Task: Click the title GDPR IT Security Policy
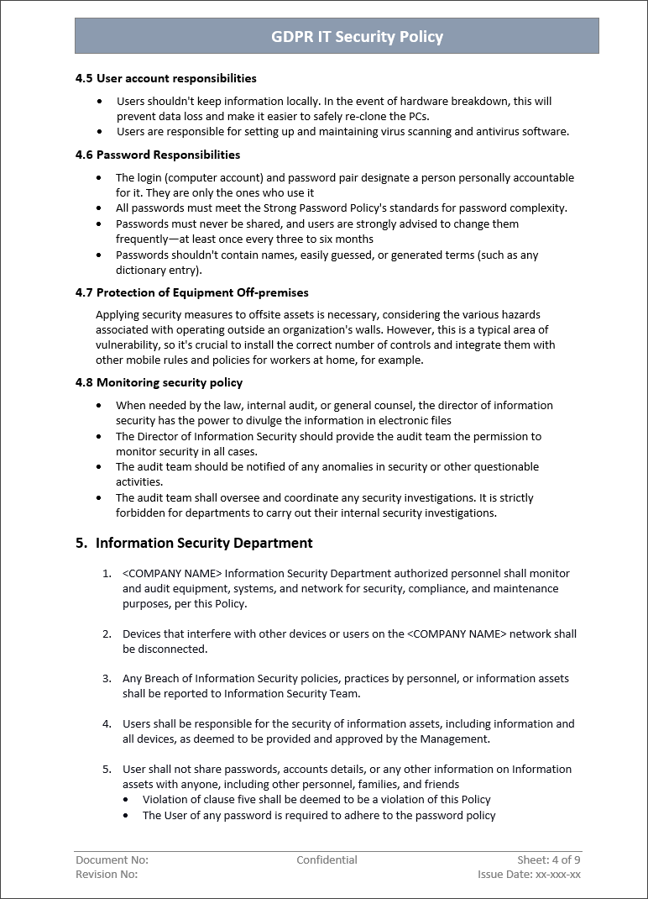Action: (x=357, y=37)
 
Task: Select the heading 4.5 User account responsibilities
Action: (x=165, y=78)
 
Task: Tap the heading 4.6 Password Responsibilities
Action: (x=157, y=155)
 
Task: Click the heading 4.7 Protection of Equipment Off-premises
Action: (x=191, y=292)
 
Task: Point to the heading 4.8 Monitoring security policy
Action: (x=159, y=382)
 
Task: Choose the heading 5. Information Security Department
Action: (x=194, y=543)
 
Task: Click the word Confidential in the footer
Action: (x=327, y=860)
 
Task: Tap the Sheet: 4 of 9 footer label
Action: (x=548, y=860)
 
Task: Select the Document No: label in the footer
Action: (x=112, y=860)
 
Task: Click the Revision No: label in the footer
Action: (x=107, y=875)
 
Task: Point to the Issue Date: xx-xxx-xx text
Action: (x=529, y=875)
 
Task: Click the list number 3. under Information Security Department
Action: (x=107, y=678)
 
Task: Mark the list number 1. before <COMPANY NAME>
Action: (x=107, y=573)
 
